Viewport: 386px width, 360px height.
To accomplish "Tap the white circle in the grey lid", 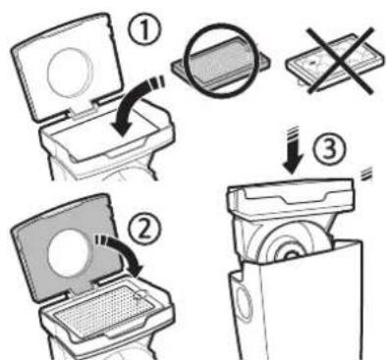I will tap(58, 250).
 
